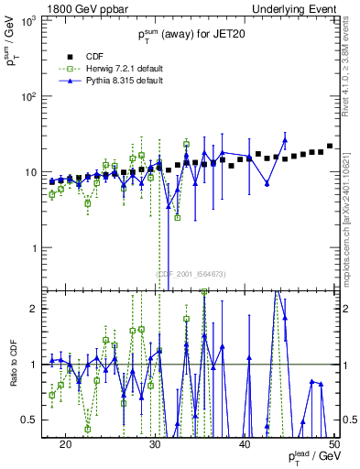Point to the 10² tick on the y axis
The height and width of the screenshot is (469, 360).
click(x=34, y=96)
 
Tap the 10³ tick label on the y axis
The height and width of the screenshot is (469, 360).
click(x=34, y=20)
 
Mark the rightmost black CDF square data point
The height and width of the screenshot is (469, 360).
click(x=330, y=146)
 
